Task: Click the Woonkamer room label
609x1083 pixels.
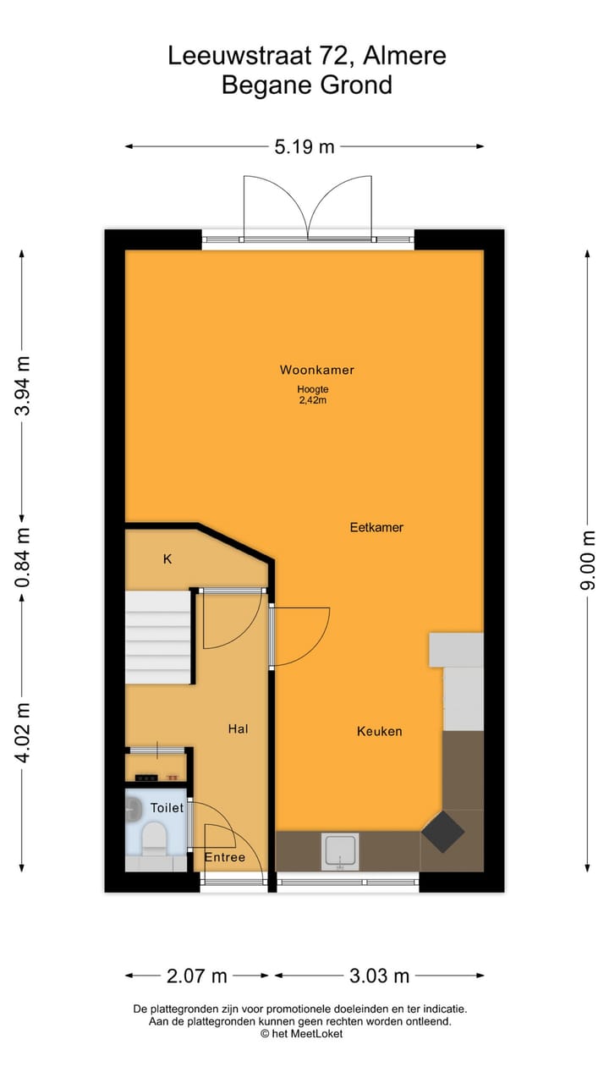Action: [316, 370]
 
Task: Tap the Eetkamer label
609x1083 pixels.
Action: [376, 527]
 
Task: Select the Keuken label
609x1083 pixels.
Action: [379, 731]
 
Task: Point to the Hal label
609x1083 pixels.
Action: [238, 728]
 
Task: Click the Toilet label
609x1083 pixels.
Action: [167, 808]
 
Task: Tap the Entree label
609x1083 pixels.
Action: [225, 857]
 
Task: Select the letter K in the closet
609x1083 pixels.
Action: [167, 559]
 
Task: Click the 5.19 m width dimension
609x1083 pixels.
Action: [304, 147]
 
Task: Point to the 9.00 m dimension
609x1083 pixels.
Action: [589, 560]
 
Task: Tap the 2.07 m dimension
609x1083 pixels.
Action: [197, 976]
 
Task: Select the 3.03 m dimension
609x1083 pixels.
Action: [379, 976]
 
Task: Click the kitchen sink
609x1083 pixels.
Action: [339, 852]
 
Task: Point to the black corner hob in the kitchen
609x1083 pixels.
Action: [443, 833]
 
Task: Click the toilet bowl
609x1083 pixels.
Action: [155, 838]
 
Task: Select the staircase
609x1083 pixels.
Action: [158, 637]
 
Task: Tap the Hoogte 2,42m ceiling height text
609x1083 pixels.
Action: [311, 395]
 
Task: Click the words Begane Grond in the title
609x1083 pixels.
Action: [307, 85]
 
